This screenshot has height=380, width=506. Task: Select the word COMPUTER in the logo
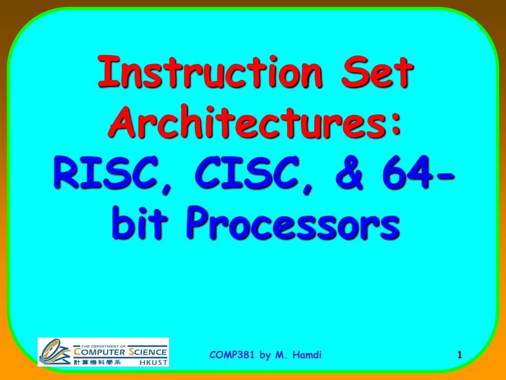pyautogui.click(x=99, y=352)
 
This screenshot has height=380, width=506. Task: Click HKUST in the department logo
pyautogui.click(x=154, y=362)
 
